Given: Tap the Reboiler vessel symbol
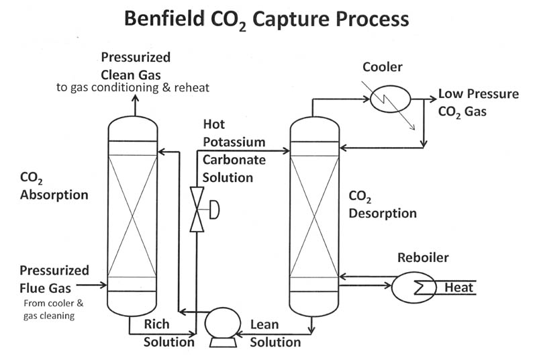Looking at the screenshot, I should pyautogui.click(x=411, y=287).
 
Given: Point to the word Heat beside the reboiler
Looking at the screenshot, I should pyautogui.click(x=458, y=288).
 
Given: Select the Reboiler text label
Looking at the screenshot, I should pyautogui.click(x=423, y=258).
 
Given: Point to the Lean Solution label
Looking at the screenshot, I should pyautogui.click(x=275, y=334).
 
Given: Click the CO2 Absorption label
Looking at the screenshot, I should pyautogui.click(x=54, y=186).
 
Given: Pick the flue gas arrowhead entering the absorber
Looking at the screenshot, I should pyautogui.click(x=103, y=285).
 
